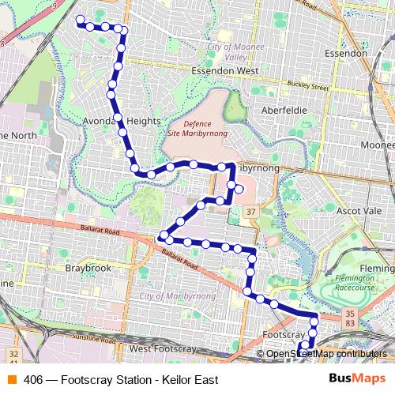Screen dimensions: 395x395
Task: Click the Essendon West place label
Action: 225,70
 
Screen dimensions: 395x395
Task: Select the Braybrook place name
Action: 87,268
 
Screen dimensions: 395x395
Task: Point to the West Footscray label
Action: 162,348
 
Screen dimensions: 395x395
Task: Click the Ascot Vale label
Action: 358,211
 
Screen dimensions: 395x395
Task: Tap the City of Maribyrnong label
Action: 179,295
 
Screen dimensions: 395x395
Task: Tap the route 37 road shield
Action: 250,212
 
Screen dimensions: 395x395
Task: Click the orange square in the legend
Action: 10,380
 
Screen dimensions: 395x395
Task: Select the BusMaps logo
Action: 358,379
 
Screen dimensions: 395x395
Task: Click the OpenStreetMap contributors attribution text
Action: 326,354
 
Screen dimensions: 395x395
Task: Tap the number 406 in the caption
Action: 33,380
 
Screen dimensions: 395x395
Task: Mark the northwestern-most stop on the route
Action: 79,20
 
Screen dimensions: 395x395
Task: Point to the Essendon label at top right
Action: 346,53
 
